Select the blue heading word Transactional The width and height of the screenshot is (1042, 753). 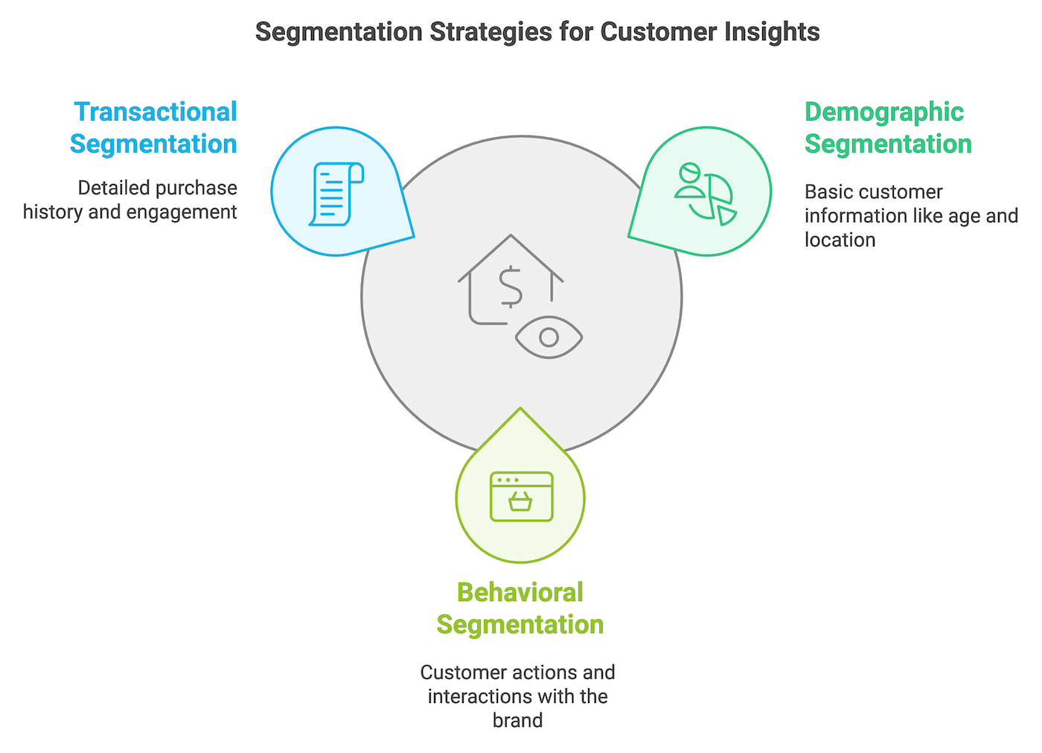(x=155, y=112)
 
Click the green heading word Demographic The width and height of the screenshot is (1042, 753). (x=883, y=112)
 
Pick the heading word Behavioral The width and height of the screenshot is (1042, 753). (x=520, y=592)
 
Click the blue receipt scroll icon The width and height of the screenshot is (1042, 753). (x=336, y=194)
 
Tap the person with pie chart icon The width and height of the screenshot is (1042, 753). (x=705, y=192)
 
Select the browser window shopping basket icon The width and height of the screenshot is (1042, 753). (x=521, y=496)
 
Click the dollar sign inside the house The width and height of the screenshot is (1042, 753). (x=511, y=287)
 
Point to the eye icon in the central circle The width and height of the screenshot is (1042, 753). (x=549, y=337)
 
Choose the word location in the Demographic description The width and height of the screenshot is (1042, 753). (x=840, y=240)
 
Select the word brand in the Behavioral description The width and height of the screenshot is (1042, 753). (x=517, y=720)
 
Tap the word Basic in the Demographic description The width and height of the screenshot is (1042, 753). (x=827, y=192)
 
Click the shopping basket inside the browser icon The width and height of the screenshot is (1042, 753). (x=520, y=502)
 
